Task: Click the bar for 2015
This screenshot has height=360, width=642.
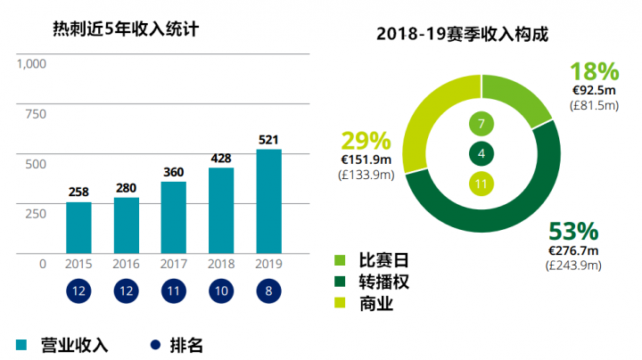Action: (x=78, y=227)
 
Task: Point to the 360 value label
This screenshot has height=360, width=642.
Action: (x=173, y=172)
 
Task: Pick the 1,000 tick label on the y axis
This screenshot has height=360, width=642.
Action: (x=31, y=64)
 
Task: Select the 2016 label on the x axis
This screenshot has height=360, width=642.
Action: (x=126, y=264)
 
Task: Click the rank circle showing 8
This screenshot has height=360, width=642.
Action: (x=268, y=291)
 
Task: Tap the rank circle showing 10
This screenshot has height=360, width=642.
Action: (x=221, y=291)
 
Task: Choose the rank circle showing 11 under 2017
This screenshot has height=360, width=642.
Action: (x=173, y=291)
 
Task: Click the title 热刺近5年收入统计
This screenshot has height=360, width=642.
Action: (x=125, y=29)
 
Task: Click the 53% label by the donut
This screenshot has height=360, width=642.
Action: (x=572, y=232)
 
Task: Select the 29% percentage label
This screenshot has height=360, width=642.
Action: (x=366, y=141)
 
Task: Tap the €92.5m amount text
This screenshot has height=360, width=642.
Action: (x=594, y=90)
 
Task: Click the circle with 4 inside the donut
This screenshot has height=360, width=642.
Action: (x=481, y=154)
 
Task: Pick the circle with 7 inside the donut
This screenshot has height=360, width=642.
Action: (x=481, y=124)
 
